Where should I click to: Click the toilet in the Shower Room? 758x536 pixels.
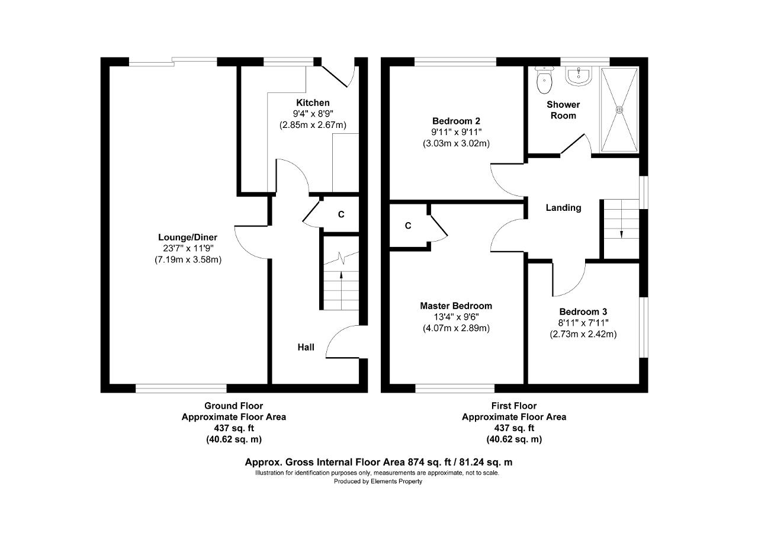544,80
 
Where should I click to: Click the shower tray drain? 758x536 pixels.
619,110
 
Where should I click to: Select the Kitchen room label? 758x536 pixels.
313,102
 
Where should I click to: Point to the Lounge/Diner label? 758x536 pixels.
188,237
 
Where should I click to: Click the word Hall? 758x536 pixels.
306,347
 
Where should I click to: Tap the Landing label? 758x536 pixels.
563,208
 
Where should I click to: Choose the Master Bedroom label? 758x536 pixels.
456,306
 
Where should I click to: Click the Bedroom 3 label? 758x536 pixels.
583,312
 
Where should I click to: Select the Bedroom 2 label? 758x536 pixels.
456,121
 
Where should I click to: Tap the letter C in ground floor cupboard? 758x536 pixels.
341,214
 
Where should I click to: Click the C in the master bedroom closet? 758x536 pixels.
408,226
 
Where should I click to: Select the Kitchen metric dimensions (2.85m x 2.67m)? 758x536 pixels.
313,125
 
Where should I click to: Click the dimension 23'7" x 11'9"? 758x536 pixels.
188,248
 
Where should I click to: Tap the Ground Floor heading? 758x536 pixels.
233,406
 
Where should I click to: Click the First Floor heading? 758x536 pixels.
514,406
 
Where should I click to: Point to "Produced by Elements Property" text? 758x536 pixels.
378,481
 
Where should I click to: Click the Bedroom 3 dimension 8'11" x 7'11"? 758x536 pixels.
583,323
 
